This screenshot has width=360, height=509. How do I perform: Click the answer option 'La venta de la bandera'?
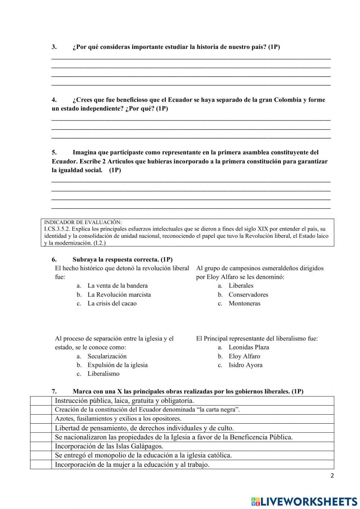pyautogui.click(x=117, y=286)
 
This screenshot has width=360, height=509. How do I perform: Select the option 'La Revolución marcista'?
pyautogui.click(x=119, y=295)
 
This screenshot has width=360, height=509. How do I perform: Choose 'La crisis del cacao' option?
pyautogui.click(x=112, y=303)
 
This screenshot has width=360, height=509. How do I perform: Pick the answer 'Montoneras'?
pyautogui.click(x=244, y=303)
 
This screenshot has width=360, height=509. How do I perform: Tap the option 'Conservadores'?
pyautogui.click(x=248, y=295)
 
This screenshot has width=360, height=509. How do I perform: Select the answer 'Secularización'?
pyautogui.click(x=107, y=356)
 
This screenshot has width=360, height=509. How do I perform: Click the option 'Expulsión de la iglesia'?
pyautogui.click(x=117, y=365)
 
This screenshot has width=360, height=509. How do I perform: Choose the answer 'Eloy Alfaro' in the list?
pyautogui.click(x=244, y=356)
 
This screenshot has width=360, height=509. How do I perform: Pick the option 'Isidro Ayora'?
pyautogui.click(x=246, y=365)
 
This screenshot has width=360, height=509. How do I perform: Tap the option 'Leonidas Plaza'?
pyautogui.click(x=249, y=347)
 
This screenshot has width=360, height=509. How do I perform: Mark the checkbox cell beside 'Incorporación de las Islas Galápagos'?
pyautogui.click(x=41, y=446)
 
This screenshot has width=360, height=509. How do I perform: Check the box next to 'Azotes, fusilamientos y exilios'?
pyautogui.click(x=41, y=419)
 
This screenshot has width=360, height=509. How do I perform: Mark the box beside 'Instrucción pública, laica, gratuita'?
pyautogui.click(x=41, y=401)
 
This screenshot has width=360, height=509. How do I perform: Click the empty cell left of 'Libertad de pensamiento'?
pyautogui.click(x=41, y=428)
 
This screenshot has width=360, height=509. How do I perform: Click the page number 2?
pyautogui.click(x=332, y=475)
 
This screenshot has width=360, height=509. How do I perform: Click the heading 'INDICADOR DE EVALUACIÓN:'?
pyautogui.click(x=83, y=222)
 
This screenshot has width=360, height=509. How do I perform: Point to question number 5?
pyautogui.click(x=54, y=152)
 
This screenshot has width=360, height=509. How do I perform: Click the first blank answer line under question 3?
pyautogui.click(x=191, y=58)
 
